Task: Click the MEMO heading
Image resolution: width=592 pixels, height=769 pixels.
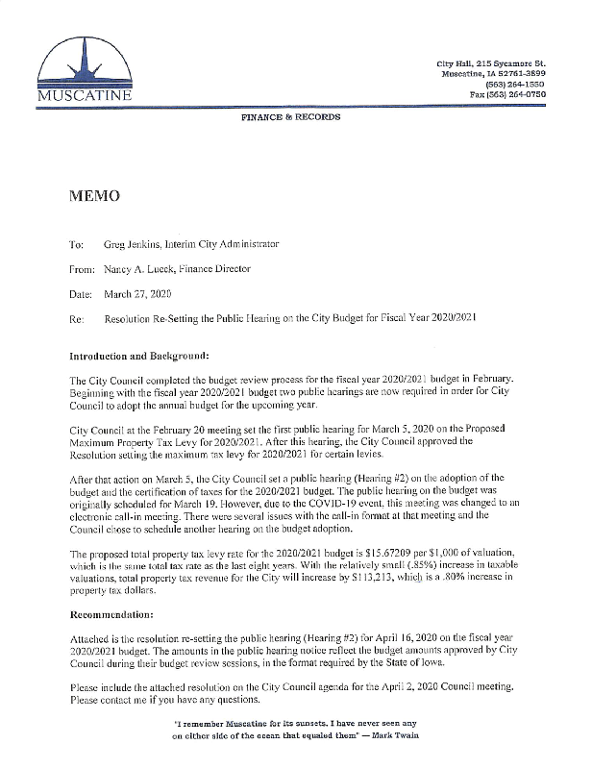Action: click(93, 197)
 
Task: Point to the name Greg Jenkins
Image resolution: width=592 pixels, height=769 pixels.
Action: click(131, 244)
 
